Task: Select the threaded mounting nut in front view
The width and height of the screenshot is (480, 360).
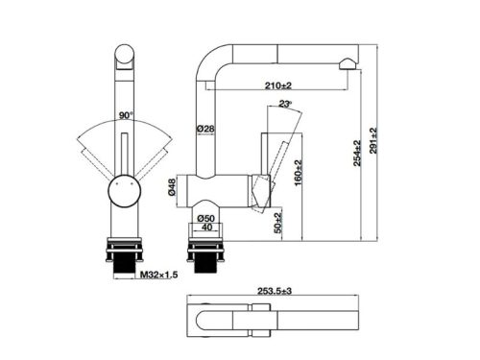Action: (x=123, y=254)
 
